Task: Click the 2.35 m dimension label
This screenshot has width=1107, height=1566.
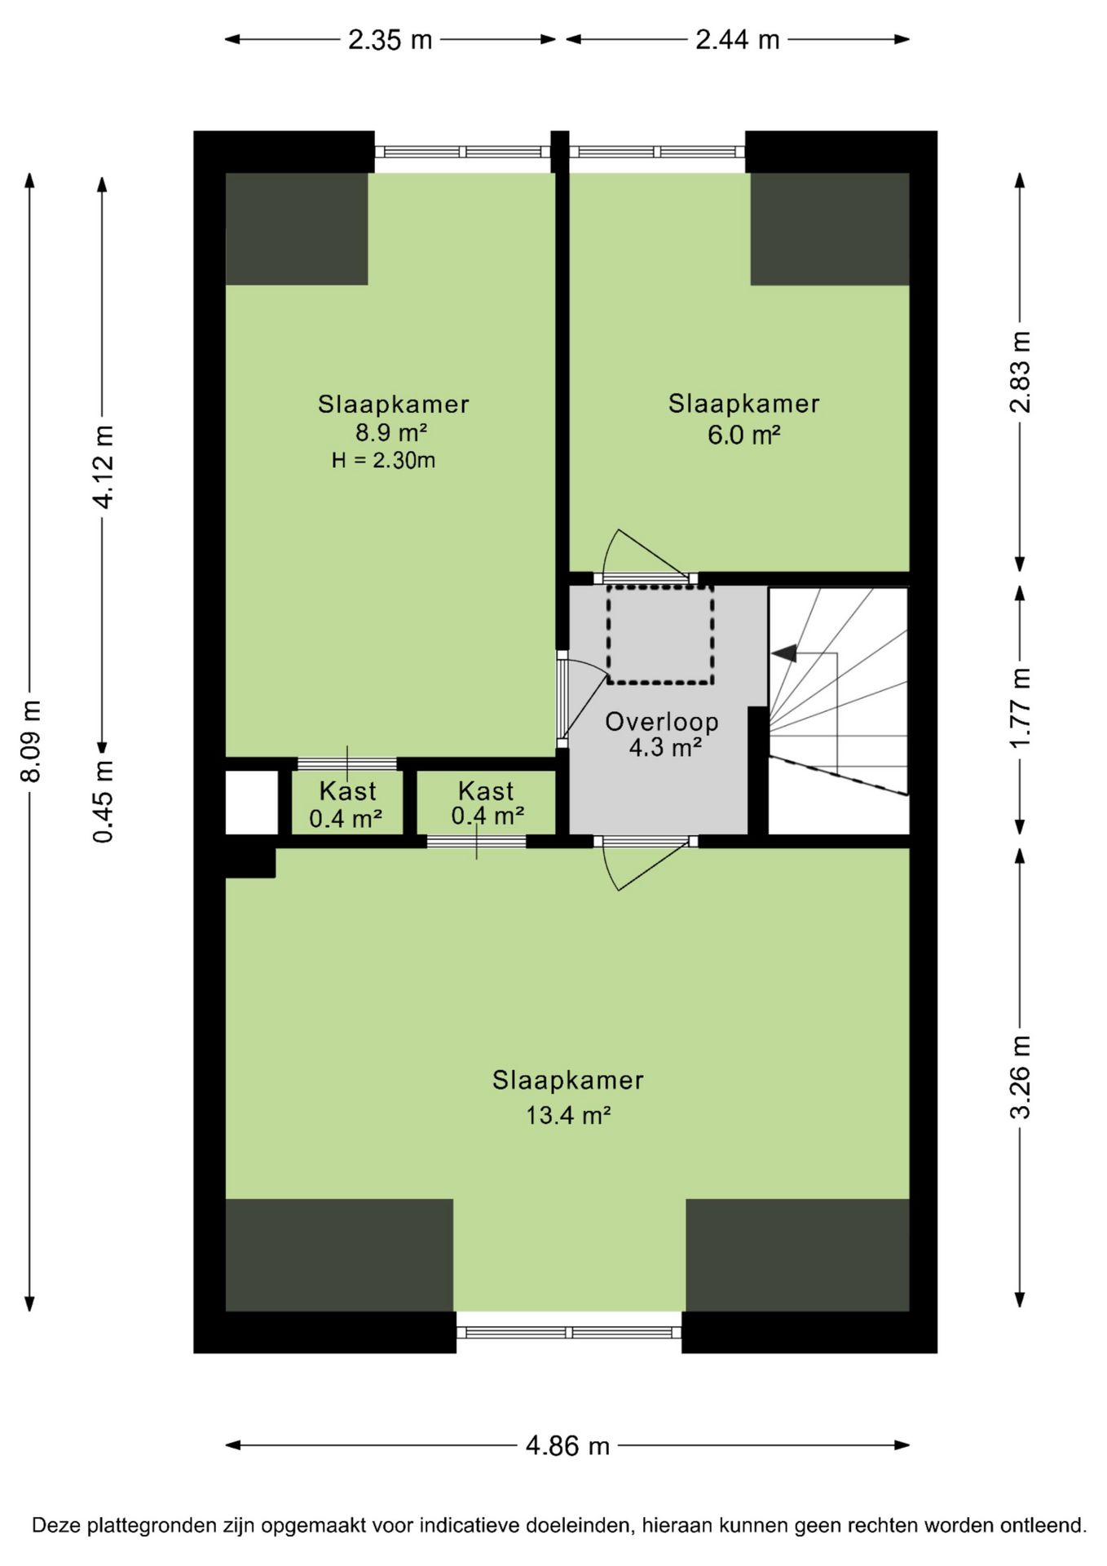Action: (x=390, y=40)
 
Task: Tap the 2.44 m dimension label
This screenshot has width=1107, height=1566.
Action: (x=737, y=40)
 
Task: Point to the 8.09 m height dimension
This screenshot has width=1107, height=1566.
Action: (x=30, y=741)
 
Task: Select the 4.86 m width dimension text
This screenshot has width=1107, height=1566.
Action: (x=567, y=1446)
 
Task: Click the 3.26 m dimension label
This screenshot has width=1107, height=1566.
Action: (x=1020, y=1077)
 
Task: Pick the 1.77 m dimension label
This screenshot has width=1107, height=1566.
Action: (x=1020, y=707)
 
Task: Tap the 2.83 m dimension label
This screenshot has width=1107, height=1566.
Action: (x=1020, y=372)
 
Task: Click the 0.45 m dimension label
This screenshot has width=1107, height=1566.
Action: (x=104, y=802)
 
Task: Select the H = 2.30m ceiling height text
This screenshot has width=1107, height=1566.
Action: (x=383, y=460)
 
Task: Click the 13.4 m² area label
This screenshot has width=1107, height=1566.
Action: (x=568, y=1115)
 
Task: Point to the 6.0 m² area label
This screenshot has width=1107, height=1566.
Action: (x=743, y=435)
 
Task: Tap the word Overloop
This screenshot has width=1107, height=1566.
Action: (x=662, y=722)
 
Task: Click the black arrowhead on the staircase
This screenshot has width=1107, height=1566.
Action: (x=784, y=653)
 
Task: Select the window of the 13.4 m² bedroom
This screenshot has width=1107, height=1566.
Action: (x=569, y=1333)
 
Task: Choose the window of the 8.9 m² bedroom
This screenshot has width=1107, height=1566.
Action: (x=462, y=152)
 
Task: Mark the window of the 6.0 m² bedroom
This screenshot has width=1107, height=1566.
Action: (x=657, y=152)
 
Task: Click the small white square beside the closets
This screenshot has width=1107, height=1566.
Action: (x=252, y=803)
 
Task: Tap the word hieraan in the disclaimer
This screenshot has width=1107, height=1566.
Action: (x=673, y=1525)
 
